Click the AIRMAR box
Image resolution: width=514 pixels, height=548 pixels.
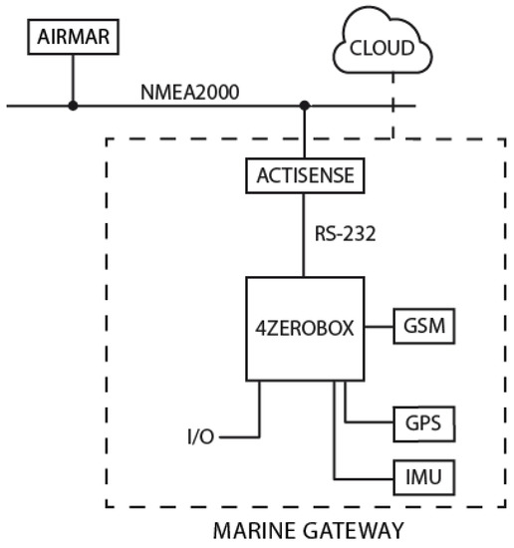click(72, 39)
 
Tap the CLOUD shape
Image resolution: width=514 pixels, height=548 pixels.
click(384, 47)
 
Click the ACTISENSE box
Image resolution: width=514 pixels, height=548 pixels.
click(305, 178)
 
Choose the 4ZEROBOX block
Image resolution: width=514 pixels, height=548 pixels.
click(304, 327)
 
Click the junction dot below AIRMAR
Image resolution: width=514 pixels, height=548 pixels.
click(72, 105)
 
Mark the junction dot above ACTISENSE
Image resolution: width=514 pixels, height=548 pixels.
click(305, 105)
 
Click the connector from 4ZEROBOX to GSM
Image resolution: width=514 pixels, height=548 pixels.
click(379, 326)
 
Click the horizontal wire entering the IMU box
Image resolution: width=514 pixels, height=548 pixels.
click(369, 479)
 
